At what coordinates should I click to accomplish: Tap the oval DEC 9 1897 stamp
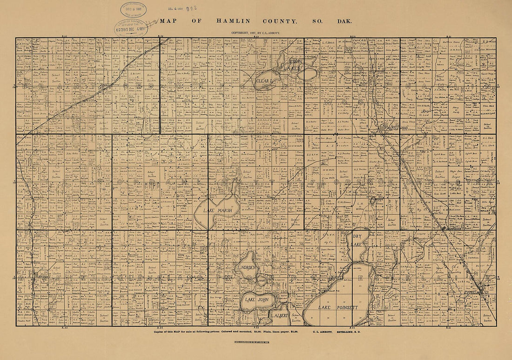[x=134, y=9]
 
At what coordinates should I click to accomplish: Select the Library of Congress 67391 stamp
[x=130, y=27]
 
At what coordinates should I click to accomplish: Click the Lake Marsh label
[x=217, y=211]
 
